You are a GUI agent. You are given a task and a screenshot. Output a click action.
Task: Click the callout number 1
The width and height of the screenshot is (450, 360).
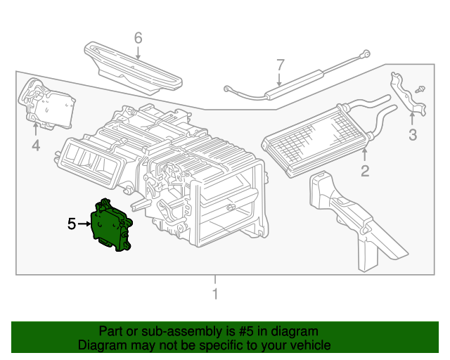point(215,294)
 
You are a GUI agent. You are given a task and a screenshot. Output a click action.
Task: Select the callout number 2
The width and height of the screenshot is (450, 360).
point(364,172)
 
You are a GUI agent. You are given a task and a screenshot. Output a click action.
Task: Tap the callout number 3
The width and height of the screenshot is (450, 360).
point(413,135)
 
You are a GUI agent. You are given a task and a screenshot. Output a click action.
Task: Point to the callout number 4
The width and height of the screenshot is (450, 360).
point(35,146)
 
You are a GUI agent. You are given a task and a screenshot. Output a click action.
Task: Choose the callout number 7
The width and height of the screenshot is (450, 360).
point(280,65)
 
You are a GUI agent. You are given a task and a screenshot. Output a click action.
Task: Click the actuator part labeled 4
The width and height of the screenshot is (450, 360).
point(48,105)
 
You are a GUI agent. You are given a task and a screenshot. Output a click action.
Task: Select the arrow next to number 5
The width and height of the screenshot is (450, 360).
point(85,224)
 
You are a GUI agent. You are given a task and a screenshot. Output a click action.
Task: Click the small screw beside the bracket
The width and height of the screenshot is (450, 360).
point(420,89)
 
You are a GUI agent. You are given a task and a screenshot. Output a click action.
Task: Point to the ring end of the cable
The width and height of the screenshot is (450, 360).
point(366,51)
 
